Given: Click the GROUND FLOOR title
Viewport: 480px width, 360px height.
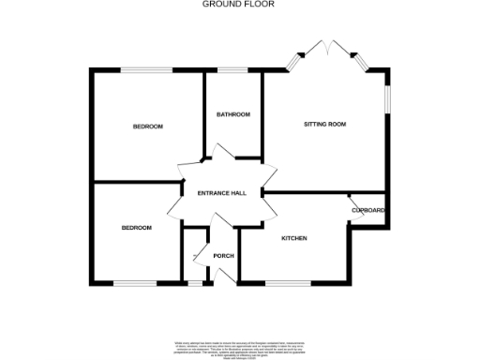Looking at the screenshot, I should pos(240,5).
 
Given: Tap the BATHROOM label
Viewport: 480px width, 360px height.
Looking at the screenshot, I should pos(233,114).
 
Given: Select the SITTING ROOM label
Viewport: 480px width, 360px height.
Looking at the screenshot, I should pos(324,124).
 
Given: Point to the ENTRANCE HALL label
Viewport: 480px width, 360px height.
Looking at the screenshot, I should pos(221,193).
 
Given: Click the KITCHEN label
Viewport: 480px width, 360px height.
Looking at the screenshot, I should pos(294,238).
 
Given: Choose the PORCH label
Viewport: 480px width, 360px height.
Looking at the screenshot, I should pos(223,256).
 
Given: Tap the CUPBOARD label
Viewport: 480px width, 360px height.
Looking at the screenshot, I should pos(369,211).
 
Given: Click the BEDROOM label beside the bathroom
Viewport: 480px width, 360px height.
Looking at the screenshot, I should pos(147,127).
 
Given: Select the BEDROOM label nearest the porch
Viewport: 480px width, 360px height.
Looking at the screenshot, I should pos(136,228).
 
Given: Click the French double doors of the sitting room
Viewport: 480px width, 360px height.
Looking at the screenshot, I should pos(327,51).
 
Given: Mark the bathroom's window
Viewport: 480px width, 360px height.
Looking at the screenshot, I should pos(232,70).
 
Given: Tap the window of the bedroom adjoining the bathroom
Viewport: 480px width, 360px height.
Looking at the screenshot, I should pos(149,70).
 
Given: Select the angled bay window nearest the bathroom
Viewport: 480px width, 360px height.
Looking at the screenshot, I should pos(295,62).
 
